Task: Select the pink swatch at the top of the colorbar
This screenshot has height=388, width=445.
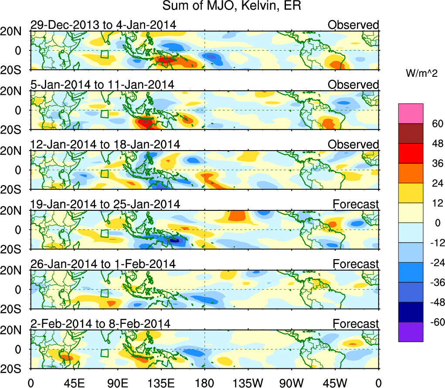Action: (410, 113)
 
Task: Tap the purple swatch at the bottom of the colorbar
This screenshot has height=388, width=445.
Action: (410, 332)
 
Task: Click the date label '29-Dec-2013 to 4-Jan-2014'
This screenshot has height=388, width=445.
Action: (103, 25)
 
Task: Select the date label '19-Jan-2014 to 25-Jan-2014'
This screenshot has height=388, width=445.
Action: (105, 204)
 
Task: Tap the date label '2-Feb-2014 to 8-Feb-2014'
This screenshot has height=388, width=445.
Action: (100, 323)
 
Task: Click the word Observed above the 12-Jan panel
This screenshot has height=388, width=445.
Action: (353, 144)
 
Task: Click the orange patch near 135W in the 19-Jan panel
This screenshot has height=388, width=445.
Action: (237, 216)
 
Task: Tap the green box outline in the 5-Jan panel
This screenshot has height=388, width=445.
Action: (104, 113)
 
